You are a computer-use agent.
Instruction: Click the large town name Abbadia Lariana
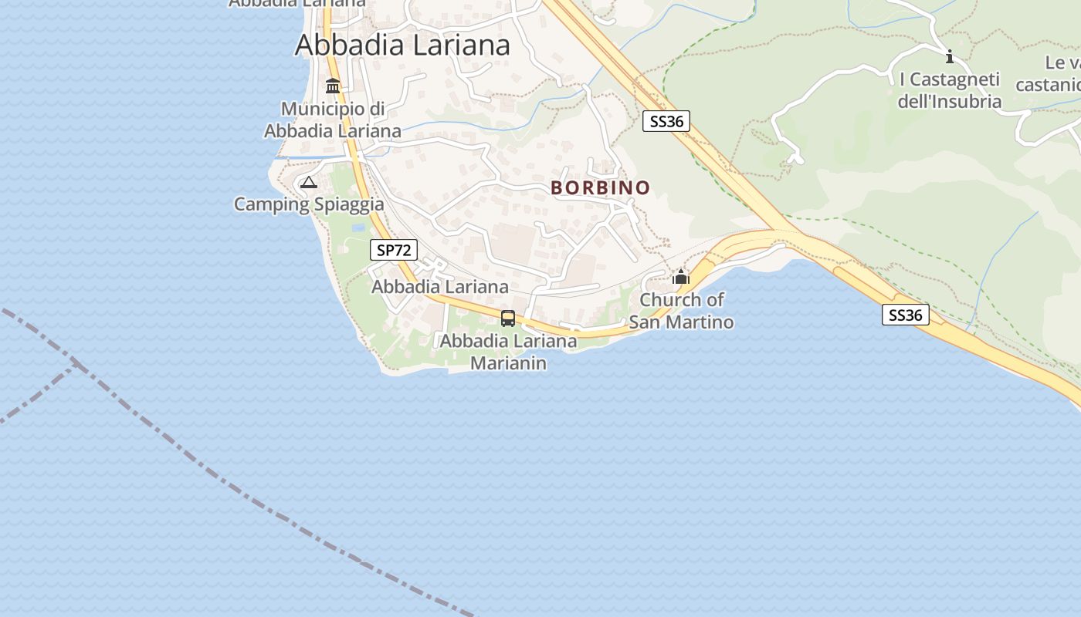coord(402,45)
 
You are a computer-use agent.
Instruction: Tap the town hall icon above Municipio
coord(333,86)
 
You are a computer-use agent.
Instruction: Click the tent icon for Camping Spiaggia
coord(309,183)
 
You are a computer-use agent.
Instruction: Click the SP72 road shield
coord(394,250)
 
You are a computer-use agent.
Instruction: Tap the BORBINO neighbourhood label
coord(600,187)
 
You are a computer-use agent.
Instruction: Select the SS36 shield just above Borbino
coord(666,121)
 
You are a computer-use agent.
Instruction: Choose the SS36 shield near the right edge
coord(905,315)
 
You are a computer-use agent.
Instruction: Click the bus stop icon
coord(508,318)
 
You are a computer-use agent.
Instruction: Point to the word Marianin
coord(508,362)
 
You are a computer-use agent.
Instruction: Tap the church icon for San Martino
coord(681,277)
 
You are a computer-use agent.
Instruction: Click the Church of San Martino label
coord(681,310)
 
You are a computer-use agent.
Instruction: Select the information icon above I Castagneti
coord(950,56)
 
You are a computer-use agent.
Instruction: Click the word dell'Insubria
coord(949,101)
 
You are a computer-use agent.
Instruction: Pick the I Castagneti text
coord(950,79)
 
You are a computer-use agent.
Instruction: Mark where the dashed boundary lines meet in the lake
coord(77,364)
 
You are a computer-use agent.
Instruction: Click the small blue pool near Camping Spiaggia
coord(358,228)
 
